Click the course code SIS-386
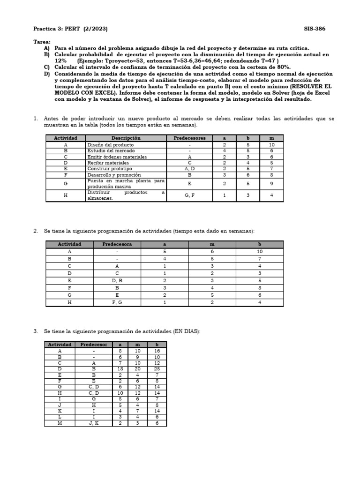(315, 29)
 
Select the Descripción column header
(126, 138)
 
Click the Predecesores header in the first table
(189, 138)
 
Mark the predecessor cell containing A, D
(189, 169)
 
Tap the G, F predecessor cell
(189, 195)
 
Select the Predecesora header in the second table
(117, 244)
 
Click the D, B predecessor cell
(117, 280)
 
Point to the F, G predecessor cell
(117, 302)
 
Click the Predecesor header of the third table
(94, 345)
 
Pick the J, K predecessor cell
(94, 423)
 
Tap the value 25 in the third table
(157, 369)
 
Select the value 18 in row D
(120, 369)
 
